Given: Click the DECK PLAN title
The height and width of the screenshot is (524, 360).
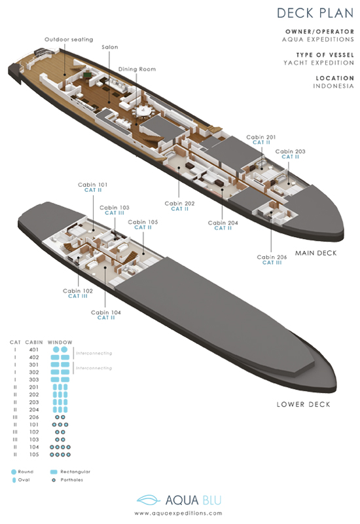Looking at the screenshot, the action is coord(315,13).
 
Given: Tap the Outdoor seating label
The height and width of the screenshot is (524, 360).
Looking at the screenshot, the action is coord(69,39).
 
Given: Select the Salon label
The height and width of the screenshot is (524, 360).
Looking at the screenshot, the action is coord(110,47).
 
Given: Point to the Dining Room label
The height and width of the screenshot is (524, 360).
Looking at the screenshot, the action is coord(137,69).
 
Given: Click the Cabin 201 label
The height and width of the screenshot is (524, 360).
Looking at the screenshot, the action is coord(261,137).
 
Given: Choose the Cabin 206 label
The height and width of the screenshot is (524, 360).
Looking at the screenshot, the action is coord(272,257).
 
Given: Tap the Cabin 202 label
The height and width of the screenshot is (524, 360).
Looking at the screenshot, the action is coord(179,203).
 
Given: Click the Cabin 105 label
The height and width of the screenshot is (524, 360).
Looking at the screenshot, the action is coord(143,222).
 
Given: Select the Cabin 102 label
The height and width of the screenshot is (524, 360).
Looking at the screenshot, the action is coord(78,291).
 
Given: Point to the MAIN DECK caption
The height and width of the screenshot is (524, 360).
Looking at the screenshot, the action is coord(316,253).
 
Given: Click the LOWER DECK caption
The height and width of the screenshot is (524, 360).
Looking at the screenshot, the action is coord(303,404).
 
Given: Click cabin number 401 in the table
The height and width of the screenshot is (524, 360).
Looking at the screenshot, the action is coord(34,350).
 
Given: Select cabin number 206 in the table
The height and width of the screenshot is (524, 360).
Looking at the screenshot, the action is coord(34,417).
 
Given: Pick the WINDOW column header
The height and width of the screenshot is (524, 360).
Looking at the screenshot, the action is coord(60,342).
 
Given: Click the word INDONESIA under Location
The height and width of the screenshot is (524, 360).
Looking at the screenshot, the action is coord(333,86).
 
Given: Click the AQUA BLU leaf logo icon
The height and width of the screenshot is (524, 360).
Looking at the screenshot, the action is coord(149,500).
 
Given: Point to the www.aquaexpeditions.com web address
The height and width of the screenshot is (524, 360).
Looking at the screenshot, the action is coord(178,514).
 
